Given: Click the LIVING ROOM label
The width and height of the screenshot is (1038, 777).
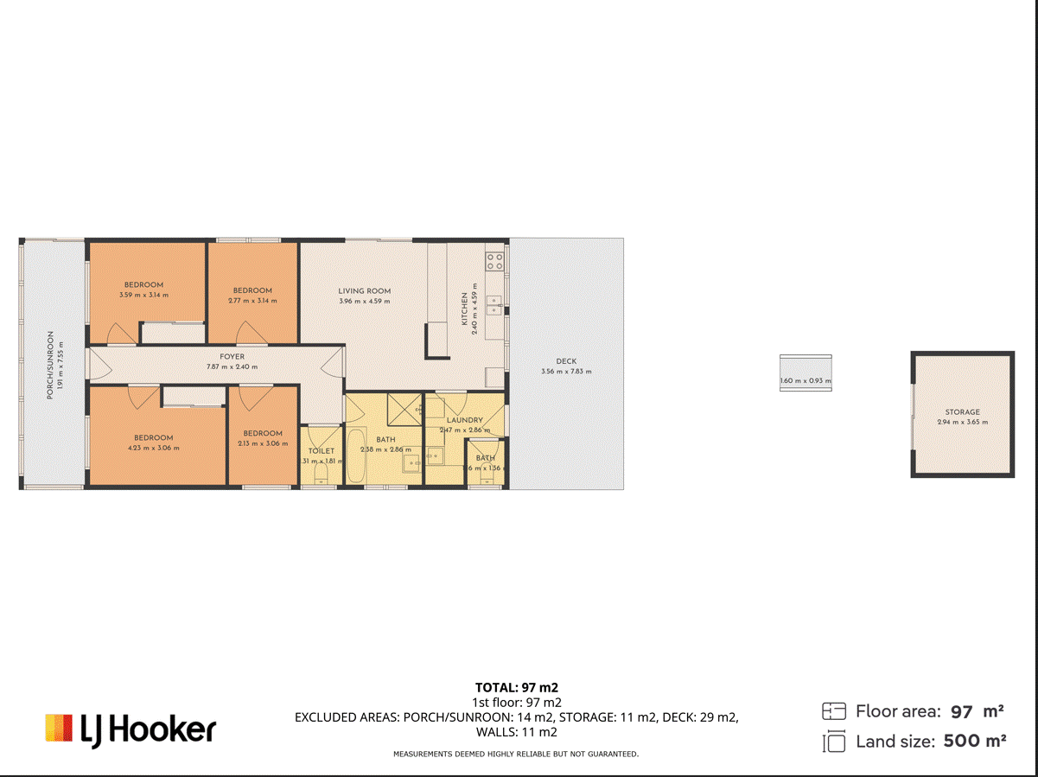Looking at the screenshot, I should coord(364,291).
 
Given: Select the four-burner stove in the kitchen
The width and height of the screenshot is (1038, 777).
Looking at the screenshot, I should coord(494,260).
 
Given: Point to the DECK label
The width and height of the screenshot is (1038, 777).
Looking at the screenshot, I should coord(566,361).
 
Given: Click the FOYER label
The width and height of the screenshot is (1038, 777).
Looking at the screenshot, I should coord(232,356).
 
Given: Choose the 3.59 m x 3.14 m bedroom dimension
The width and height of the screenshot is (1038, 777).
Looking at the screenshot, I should coord(143,296).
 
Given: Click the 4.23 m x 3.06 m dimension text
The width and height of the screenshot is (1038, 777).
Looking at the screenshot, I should coord(153,448).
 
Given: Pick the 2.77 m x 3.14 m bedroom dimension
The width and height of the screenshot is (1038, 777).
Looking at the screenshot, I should coord(252,301).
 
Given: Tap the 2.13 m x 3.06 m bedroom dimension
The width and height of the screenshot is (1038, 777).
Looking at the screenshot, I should coord(263,443).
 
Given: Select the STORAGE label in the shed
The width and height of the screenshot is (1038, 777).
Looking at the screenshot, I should coord(961,412).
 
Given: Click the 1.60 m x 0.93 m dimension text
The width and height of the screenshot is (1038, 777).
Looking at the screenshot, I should coord(806,381).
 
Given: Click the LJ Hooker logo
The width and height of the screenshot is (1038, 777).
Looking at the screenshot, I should coord(131,729).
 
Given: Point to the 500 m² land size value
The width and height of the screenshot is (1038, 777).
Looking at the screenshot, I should coord(974,741).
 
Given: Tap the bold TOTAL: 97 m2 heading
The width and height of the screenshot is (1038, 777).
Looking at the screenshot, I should coord(516,688).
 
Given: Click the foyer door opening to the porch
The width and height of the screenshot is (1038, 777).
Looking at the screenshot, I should coord(97,365).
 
